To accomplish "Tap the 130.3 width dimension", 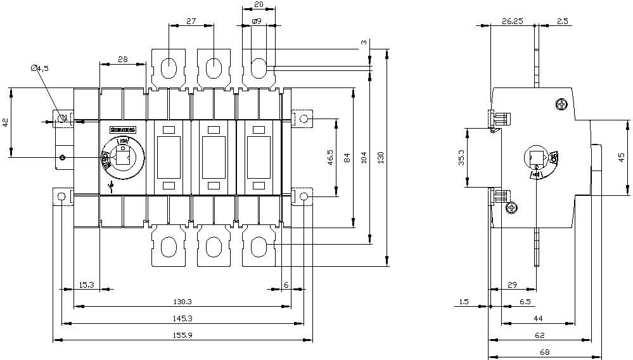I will click(182, 301).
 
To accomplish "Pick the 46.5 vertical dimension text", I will click(330, 157).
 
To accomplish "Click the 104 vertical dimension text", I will click(364, 156).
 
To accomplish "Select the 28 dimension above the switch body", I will click(123, 59).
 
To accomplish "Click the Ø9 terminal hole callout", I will click(257, 21).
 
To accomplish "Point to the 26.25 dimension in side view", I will click(512, 21).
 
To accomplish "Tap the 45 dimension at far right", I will click(622, 157).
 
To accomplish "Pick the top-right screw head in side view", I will click(561, 104).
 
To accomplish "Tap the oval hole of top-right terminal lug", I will click(259, 66).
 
